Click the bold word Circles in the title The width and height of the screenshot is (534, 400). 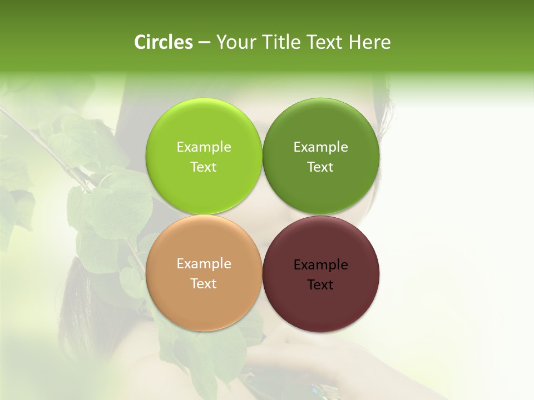pos(164,42)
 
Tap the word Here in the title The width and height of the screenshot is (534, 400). pos(369,42)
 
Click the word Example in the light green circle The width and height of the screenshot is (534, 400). pos(204,147)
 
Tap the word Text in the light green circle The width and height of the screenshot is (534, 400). pos(204,167)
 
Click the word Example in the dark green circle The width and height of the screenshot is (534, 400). pos(320,147)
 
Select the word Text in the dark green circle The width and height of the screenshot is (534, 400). pos(320,167)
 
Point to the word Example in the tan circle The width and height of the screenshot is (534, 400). pos(204,263)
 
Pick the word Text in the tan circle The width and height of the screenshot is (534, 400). pos(204,283)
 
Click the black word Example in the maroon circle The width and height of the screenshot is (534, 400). pos(320,264)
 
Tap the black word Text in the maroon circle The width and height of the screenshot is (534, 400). pos(320,284)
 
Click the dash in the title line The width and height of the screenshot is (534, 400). pos(204,43)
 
